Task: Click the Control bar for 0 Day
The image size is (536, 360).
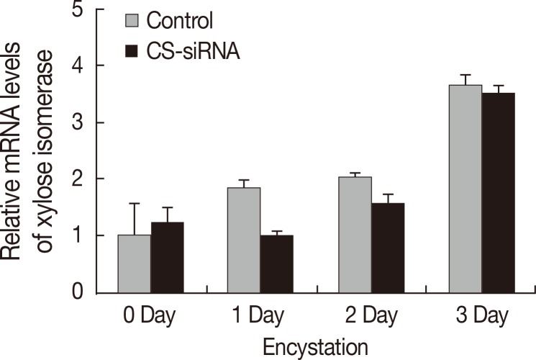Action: [x=135, y=264]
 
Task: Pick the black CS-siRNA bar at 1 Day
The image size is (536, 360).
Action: [x=277, y=264]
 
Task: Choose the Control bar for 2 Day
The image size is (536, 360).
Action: [x=355, y=235]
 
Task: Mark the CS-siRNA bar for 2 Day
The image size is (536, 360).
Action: [x=388, y=248]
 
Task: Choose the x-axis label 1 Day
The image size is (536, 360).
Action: [x=259, y=318]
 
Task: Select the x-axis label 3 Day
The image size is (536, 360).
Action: [x=481, y=318]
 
